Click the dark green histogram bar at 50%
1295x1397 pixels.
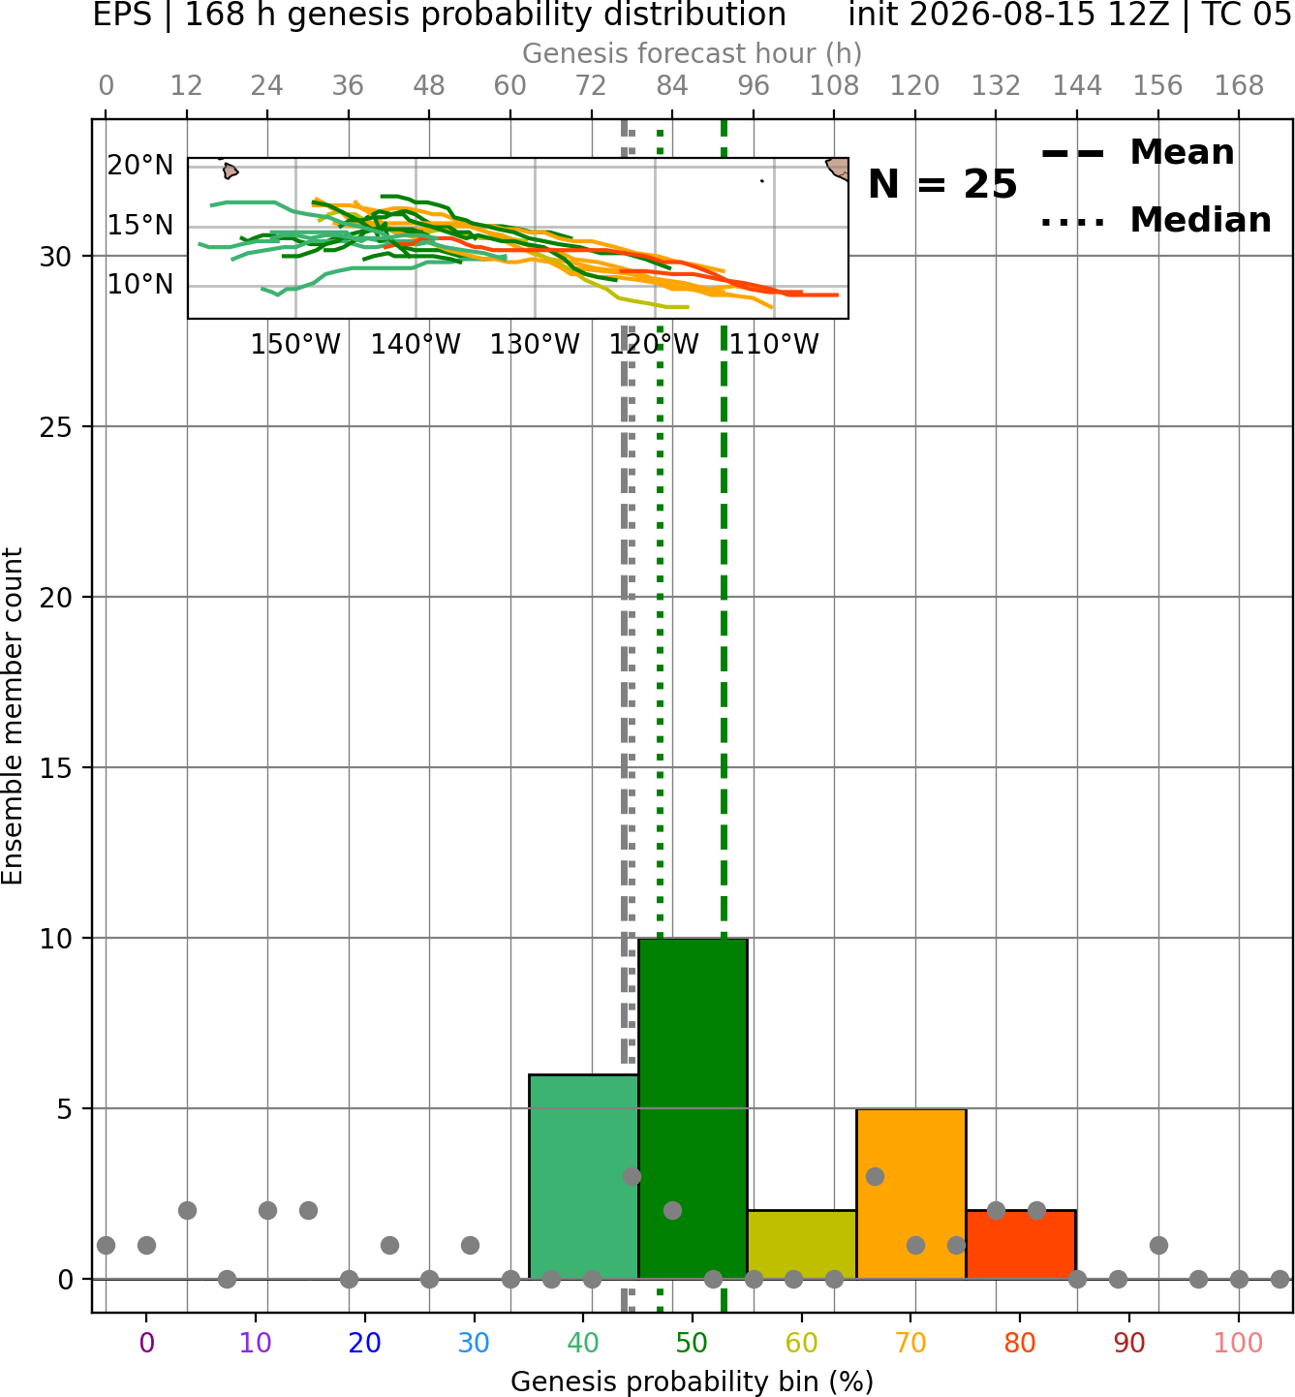[693, 1108]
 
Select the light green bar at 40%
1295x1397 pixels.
[583, 1176]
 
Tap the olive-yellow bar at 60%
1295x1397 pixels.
[802, 1244]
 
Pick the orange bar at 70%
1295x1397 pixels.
[910, 1194]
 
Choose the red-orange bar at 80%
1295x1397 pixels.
[1021, 1244]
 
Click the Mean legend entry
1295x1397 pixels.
[1137, 153]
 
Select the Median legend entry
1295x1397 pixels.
[1156, 221]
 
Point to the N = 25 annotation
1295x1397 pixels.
[942, 184]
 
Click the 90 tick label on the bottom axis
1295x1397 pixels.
[1129, 1343]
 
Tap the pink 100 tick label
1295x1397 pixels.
[1239, 1343]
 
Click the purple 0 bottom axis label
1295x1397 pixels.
[146, 1343]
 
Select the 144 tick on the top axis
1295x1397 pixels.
[1077, 86]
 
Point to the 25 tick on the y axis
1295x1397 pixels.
[56, 427]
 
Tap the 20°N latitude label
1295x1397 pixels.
[140, 166]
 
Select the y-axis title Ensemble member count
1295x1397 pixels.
[12, 716]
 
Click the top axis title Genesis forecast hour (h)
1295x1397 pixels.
[693, 53]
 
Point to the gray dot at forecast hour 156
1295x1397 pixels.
[1158, 1245]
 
